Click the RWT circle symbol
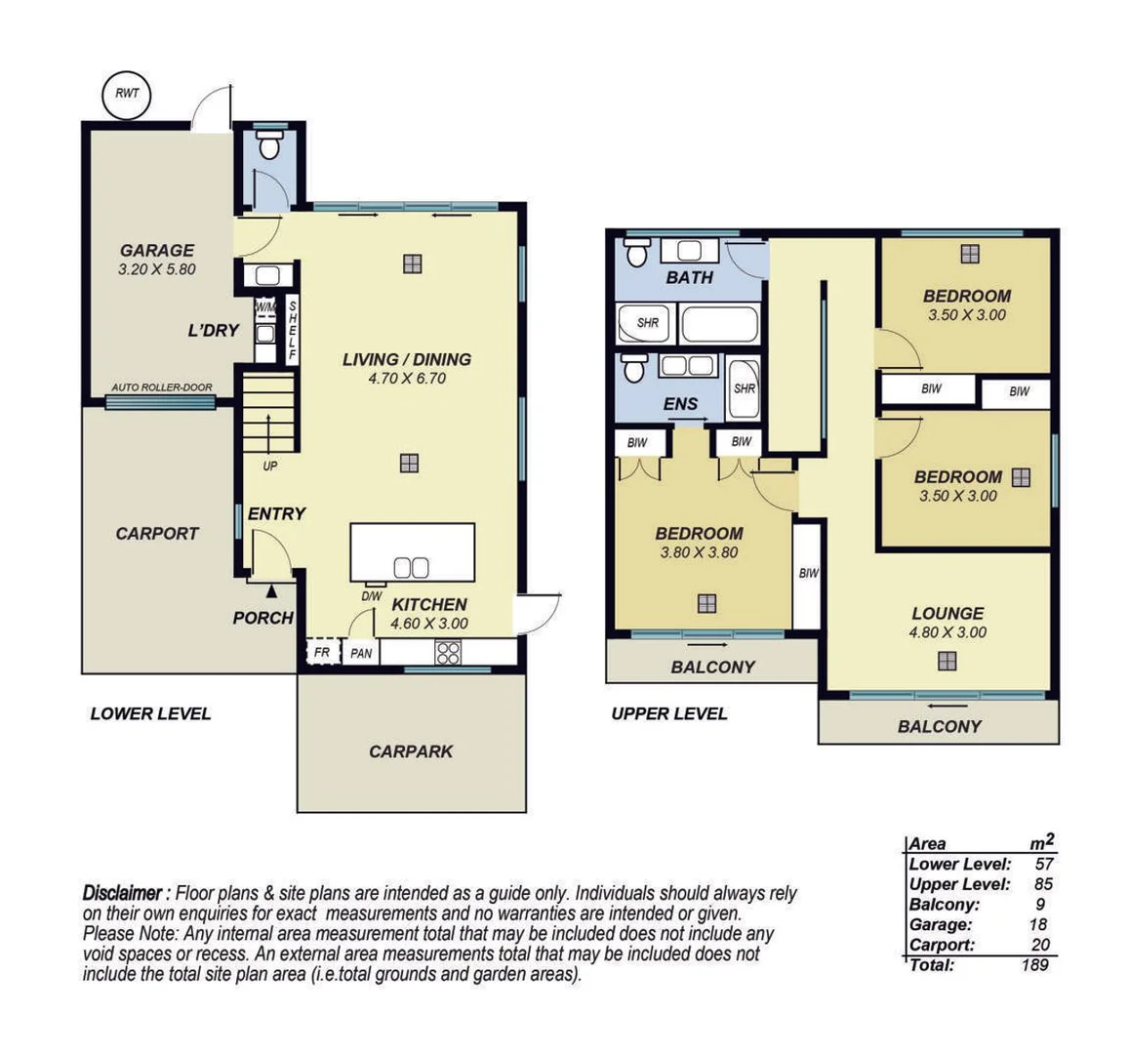[x=127, y=94]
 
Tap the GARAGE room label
[x=156, y=250]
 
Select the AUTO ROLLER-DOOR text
[x=162, y=387]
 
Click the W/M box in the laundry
[x=265, y=307]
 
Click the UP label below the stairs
[x=270, y=466]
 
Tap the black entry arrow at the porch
[x=271, y=589]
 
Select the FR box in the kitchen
[x=321, y=652]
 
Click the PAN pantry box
[x=360, y=653]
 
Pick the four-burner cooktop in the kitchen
[x=448, y=652]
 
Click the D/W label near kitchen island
[x=372, y=596]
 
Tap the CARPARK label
[x=411, y=751]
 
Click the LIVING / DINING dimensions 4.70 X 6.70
[x=407, y=379]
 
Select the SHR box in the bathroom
[x=648, y=323]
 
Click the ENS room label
[x=680, y=404]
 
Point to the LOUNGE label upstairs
[x=948, y=613]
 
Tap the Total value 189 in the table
[x=1034, y=965]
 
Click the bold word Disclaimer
[x=123, y=893]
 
